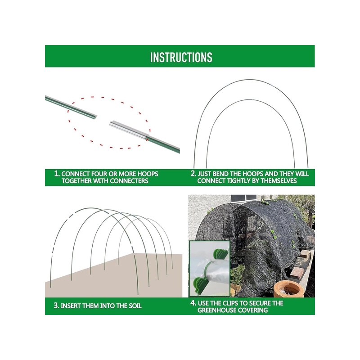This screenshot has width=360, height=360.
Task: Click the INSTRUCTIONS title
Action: click(181, 57)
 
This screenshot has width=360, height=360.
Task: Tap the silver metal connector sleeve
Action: click(128, 130)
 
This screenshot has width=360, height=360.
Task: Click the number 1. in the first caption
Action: click(57, 173)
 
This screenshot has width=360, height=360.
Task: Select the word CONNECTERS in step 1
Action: click(129, 181)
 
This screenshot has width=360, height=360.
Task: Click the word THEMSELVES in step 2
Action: click(279, 181)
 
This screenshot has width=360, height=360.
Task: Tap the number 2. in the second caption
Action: click(193, 173)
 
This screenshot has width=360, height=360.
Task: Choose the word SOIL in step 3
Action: click(135, 306)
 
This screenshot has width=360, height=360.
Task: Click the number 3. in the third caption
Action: click(57, 306)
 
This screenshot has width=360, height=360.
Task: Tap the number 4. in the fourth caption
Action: click(193, 303)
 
